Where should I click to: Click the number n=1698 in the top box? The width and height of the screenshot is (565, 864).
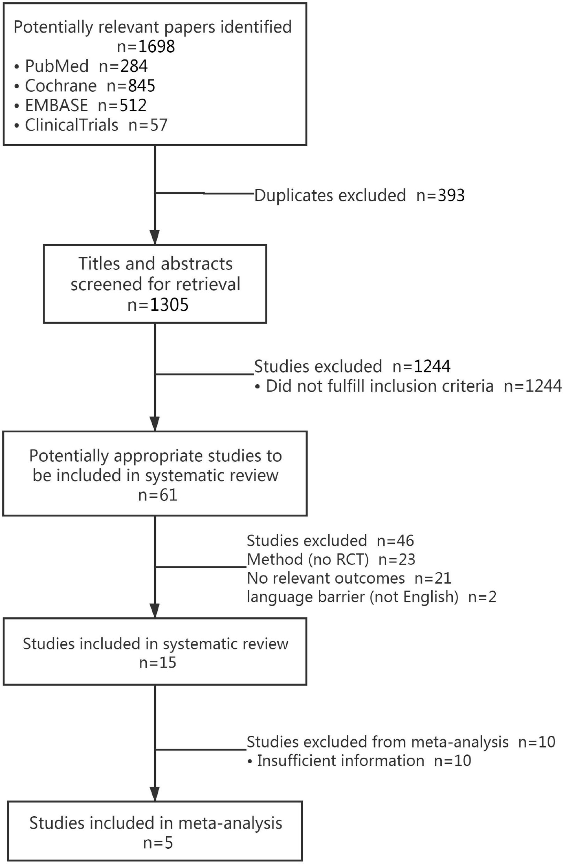146,46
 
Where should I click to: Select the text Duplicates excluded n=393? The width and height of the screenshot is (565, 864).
359,195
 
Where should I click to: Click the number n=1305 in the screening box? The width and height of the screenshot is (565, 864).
158,304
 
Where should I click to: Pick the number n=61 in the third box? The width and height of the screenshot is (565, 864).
158,495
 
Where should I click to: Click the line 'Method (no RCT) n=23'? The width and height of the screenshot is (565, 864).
331,559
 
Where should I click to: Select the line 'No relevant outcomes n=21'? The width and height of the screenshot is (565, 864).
349,578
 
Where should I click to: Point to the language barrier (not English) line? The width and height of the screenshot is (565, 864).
371,597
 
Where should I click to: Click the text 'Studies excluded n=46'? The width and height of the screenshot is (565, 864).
330,541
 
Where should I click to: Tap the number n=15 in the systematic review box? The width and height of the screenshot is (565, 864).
158,663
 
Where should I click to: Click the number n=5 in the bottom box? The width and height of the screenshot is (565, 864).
158,843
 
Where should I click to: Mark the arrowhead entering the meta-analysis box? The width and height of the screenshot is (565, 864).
155,794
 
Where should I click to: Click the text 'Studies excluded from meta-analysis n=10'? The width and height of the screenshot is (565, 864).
401,742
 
